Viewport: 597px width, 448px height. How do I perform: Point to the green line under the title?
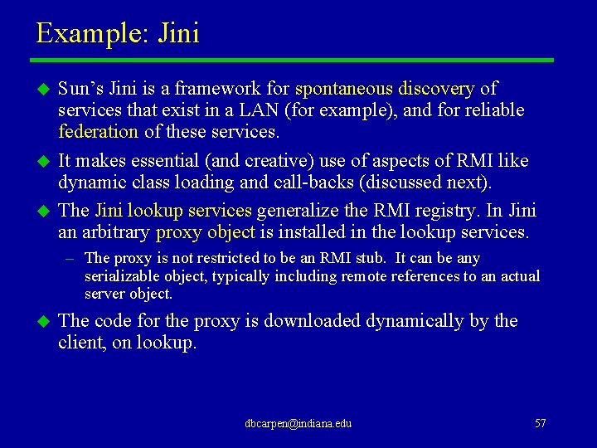point(292,60)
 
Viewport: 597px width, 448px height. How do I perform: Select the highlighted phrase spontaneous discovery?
point(385,89)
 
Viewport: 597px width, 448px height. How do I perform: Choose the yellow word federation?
point(98,132)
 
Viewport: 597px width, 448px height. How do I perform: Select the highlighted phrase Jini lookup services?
point(173,211)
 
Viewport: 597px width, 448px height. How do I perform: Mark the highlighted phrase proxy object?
point(205,232)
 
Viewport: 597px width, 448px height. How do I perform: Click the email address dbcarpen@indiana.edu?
point(298,424)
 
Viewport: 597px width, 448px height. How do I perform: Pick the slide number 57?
point(541,424)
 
